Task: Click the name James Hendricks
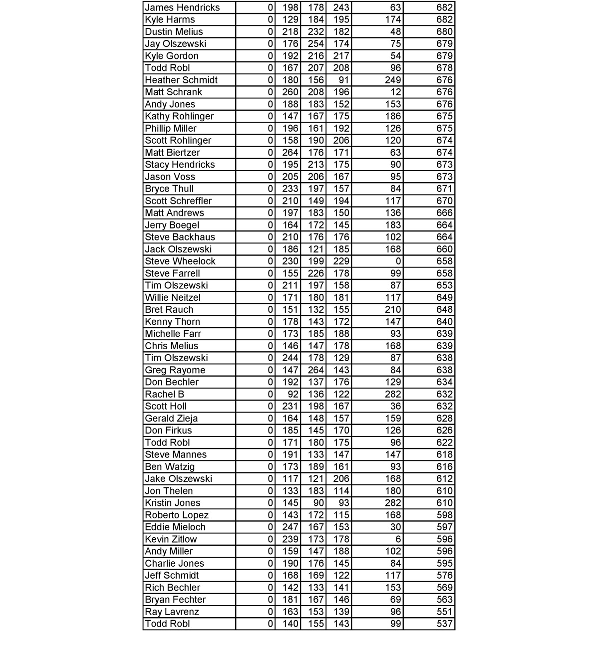(x=182, y=7)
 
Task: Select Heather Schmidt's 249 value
(x=393, y=80)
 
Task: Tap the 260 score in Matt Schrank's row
(x=290, y=92)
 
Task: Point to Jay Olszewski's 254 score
(x=315, y=44)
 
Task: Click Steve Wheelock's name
(x=180, y=261)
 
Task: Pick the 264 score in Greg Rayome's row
(x=315, y=370)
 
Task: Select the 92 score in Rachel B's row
(x=293, y=394)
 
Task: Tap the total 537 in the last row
(x=444, y=624)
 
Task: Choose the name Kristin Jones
(x=173, y=503)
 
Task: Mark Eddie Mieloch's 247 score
(x=290, y=527)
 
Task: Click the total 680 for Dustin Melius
(x=444, y=32)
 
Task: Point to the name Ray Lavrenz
(x=172, y=612)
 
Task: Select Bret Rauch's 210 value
(x=393, y=310)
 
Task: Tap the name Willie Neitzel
(x=173, y=298)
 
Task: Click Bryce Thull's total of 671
(x=444, y=189)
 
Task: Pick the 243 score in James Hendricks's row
(x=341, y=7)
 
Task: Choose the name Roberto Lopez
(x=177, y=515)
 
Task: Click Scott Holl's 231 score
(x=290, y=406)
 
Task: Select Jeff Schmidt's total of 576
(x=444, y=575)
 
